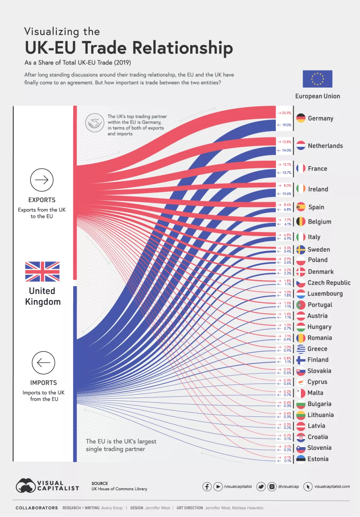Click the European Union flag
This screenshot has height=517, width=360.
click(x=317, y=79)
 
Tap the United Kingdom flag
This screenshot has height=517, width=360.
click(x=42, y=271)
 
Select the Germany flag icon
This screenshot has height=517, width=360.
click(x=301, y=118)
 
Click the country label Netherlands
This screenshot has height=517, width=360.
click(x=325, y=146)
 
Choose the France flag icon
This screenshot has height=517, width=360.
click(x=301, y=168)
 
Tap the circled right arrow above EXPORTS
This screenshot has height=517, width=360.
click(x=41, y=180)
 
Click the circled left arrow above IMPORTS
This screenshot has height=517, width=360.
click(x=43, y=362)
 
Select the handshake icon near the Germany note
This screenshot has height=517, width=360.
click(x=95, y=123)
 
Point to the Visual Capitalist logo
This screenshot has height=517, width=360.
click(x=47, y=486)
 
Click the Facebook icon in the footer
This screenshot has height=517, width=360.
click(x=207, y=486)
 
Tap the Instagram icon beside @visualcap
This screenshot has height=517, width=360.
click(x=272, y=486)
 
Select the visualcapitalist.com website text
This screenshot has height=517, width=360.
click(x=332, y=486)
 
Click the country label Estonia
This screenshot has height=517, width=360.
click(x=318, y=459)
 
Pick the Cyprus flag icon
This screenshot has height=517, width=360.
click(x=301, y=382)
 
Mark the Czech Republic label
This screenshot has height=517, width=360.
click(x=329, y=283)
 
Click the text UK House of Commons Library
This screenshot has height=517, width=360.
click(x=119, y=489)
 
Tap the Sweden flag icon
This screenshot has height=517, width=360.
click(x=301, y=250)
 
